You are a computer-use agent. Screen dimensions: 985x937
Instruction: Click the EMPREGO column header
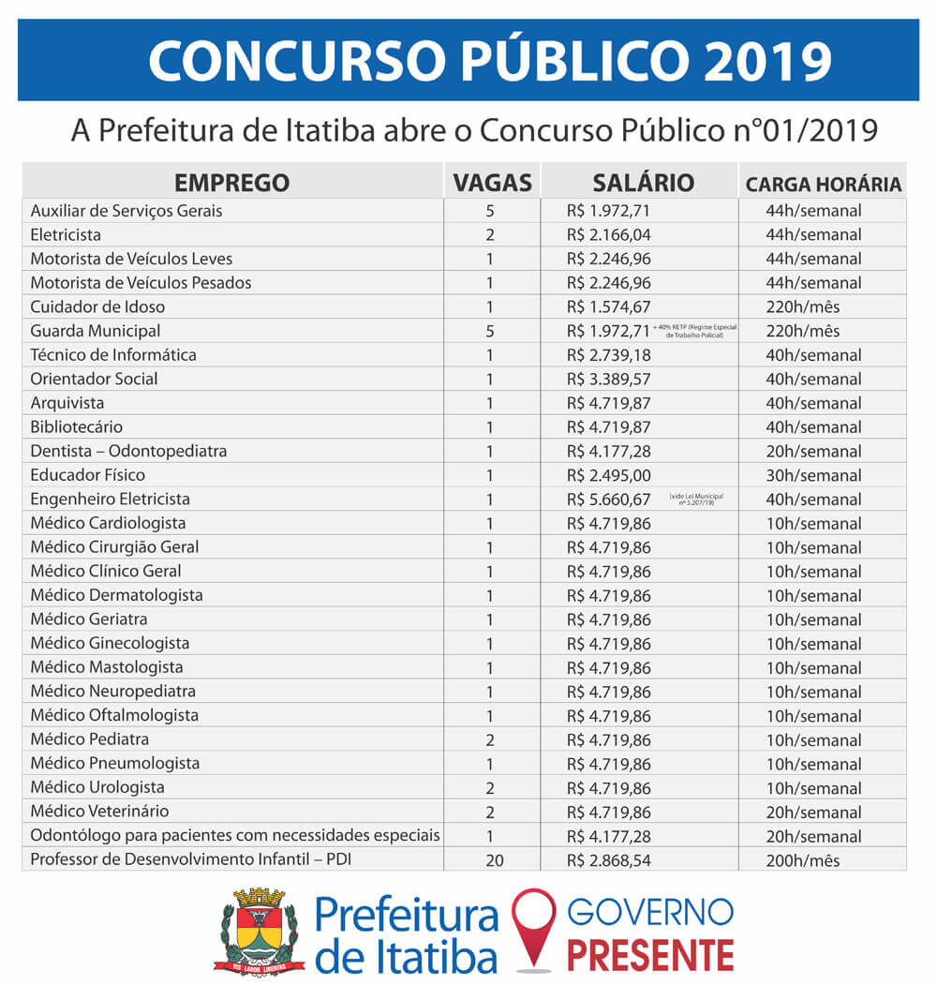click(231, 183)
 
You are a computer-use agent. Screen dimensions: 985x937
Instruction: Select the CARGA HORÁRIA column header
click(824, 185)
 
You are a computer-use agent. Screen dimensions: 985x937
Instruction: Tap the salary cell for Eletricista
click(608, 234)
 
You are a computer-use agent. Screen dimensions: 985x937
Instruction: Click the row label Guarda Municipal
click(95, 331)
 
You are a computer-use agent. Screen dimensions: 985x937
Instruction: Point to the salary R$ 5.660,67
click(608, 500)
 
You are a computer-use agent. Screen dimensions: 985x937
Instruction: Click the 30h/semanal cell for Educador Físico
click(812, 475)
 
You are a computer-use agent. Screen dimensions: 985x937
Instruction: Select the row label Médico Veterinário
click(99, 812)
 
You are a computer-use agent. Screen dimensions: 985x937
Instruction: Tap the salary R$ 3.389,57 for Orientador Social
click(608, 379)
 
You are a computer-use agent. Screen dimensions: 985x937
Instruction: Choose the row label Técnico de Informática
click(113, 355)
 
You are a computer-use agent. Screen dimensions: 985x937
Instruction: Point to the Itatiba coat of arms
click(260, 930)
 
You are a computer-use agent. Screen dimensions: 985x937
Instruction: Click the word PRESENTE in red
click(650, 955)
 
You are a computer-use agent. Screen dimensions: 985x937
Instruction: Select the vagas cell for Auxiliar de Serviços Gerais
click(489, 211)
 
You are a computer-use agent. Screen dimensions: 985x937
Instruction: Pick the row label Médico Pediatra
click(89, 739)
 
